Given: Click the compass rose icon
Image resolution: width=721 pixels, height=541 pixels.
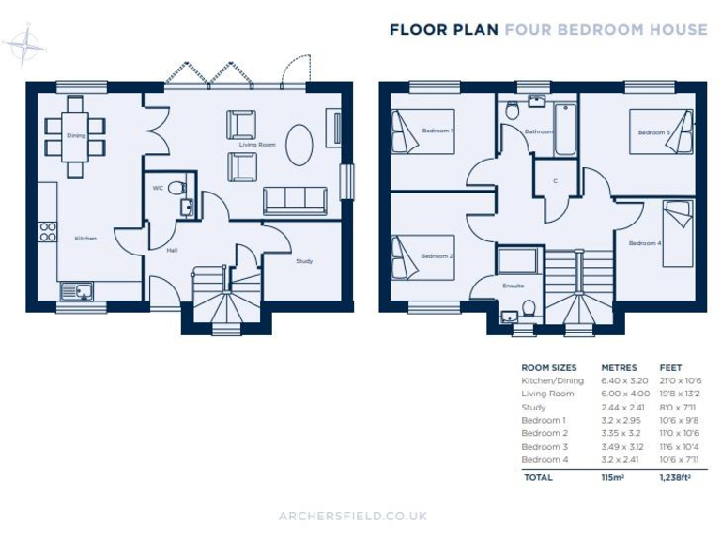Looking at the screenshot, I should pos(25,44).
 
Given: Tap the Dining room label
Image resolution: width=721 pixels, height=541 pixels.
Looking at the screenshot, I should pos(75,135).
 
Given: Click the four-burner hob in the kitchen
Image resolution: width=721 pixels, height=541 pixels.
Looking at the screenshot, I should pos(48,231).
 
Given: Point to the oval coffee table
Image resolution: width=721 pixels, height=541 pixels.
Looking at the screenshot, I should pos(299,145).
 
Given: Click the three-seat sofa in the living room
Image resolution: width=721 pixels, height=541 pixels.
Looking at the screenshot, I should pos(295,200).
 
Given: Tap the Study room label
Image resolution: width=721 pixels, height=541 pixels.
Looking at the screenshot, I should pos(304,260).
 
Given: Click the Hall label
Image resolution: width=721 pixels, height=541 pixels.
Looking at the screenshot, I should pos(172,250).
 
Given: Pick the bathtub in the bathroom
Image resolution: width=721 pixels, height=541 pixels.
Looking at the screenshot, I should pos(565,130).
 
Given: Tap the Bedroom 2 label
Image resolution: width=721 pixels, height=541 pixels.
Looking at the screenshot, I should pos(437,255).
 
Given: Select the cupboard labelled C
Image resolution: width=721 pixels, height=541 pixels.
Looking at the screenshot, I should pos(555,180).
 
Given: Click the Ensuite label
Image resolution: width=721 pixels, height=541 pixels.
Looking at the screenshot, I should pos(513,285).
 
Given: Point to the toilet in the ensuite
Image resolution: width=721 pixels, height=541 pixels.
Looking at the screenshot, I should pos(529,306).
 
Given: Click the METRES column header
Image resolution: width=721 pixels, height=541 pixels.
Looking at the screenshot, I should pos(619,367).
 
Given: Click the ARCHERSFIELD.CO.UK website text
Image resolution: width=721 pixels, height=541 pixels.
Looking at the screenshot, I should pos(353,516).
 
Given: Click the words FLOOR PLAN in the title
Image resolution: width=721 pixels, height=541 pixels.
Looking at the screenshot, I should pos(443,30).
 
